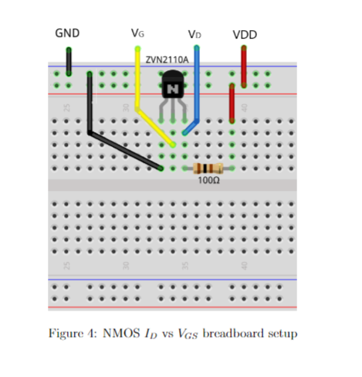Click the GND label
(66, 33)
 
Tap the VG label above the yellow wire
(137, 33)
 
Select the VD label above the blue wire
(195, 35)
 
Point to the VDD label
(245, 35)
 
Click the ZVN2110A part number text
(167, 59)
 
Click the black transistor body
(173, 85)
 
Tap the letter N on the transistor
(173, 90)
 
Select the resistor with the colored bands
(208, 168)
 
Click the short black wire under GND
(69, 62)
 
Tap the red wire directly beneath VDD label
(244, 66)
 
